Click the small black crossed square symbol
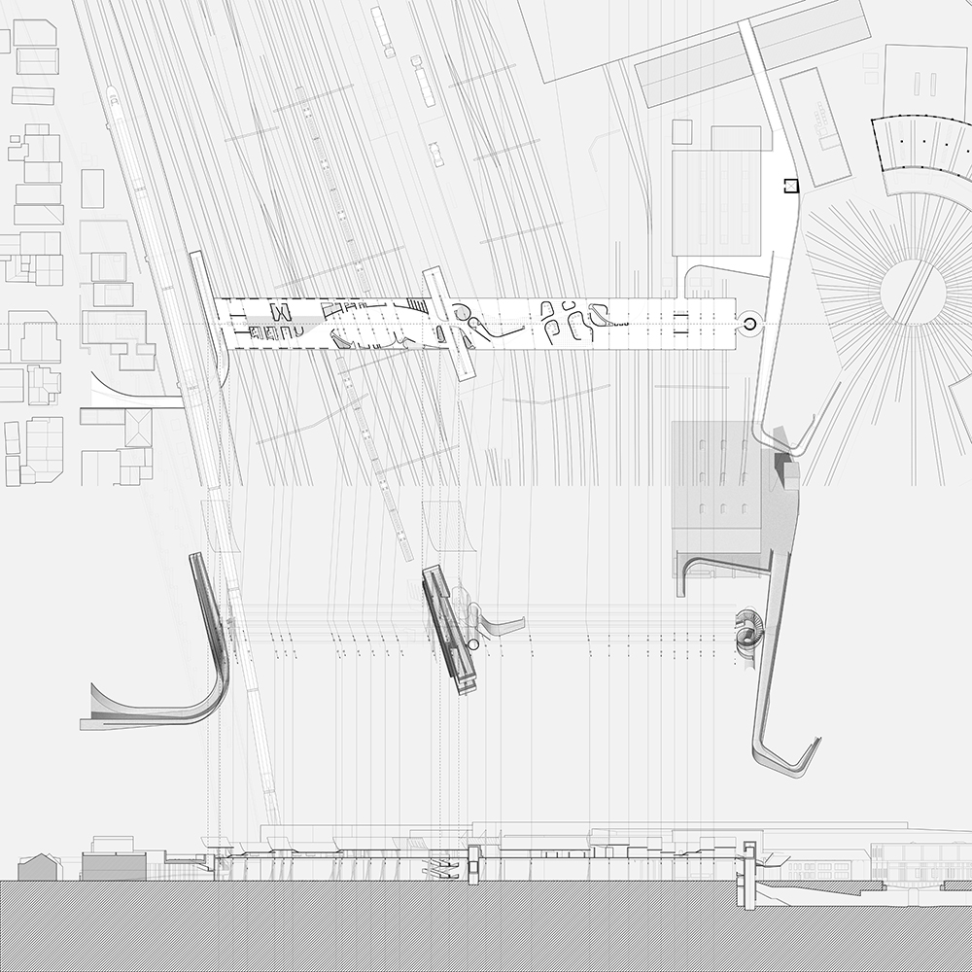(x=791, y=184)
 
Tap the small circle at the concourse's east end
(x=750, y=324)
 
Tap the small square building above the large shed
(x=682, y=131)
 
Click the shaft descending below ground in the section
(x=748, y=875)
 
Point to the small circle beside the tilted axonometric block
(x=473, y=644)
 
